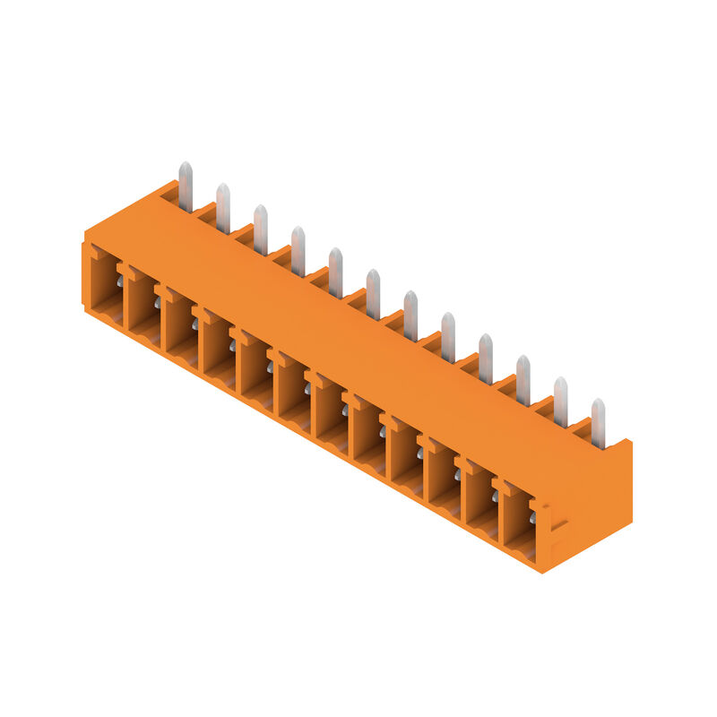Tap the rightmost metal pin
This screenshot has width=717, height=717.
pos(598,423)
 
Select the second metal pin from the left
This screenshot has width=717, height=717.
pos(223,208)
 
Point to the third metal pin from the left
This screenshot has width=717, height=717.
pos(261,229)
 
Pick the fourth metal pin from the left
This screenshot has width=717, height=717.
pos(298,251)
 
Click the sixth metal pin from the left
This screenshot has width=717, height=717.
pos(373,294)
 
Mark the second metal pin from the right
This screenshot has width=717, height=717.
pos(560,402)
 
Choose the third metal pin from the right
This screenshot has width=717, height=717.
pos(523,380)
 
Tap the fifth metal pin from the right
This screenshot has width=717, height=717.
pos(448,337)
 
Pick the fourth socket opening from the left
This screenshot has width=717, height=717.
pos(219,350)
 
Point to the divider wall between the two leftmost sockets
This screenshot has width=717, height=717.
pos(124,300)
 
